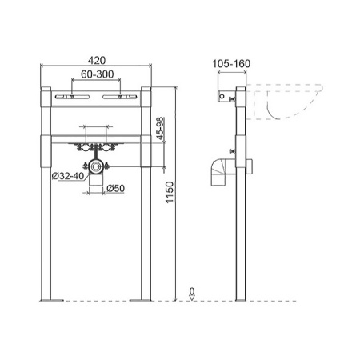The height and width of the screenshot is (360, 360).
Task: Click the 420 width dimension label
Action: click(x=97, y=61)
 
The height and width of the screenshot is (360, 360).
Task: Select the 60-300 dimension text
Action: click(x=98, y=74)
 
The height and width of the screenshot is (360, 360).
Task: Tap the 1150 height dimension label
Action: click(x=170, y=193)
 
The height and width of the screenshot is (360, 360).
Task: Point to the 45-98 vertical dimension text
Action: click(x=160, y=128)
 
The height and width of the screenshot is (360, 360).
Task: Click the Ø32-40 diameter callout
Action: click(x=68, y=176)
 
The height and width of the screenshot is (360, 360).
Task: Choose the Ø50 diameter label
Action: click(x=115, y=189)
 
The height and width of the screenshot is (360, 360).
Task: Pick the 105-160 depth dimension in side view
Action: click(x=231, y=64)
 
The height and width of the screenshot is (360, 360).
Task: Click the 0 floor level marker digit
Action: click(x=192, y=290)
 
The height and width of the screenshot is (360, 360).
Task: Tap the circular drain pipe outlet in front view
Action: click(x=95, y=166)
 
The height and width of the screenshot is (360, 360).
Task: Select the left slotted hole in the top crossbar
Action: click(x=72, y=97)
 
